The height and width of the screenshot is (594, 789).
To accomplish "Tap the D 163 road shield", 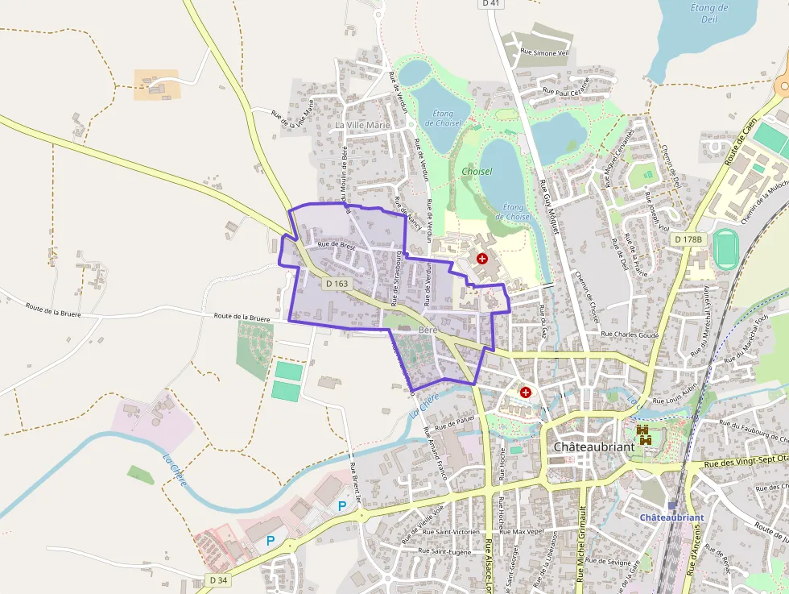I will (338, 284).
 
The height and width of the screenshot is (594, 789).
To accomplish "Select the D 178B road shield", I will (688, 239).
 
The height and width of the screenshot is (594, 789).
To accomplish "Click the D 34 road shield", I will (217, 579).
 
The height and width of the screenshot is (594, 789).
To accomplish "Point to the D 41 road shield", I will (490, 3).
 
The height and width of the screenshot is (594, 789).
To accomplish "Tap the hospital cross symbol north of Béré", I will (482, 259).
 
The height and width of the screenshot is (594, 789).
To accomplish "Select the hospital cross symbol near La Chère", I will (526, 393).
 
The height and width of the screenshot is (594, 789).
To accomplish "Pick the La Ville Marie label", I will (362, 126).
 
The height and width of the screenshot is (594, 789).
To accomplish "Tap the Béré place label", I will (427, 330).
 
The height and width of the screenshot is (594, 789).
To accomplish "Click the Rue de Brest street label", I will (337, 245).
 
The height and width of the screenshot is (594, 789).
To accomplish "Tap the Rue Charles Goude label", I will (630, 334).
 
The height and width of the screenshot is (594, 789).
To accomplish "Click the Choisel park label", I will (477, 172).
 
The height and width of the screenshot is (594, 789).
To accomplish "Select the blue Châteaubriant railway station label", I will (671, 517).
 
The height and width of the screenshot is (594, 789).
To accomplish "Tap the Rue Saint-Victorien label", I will (451, 532).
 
